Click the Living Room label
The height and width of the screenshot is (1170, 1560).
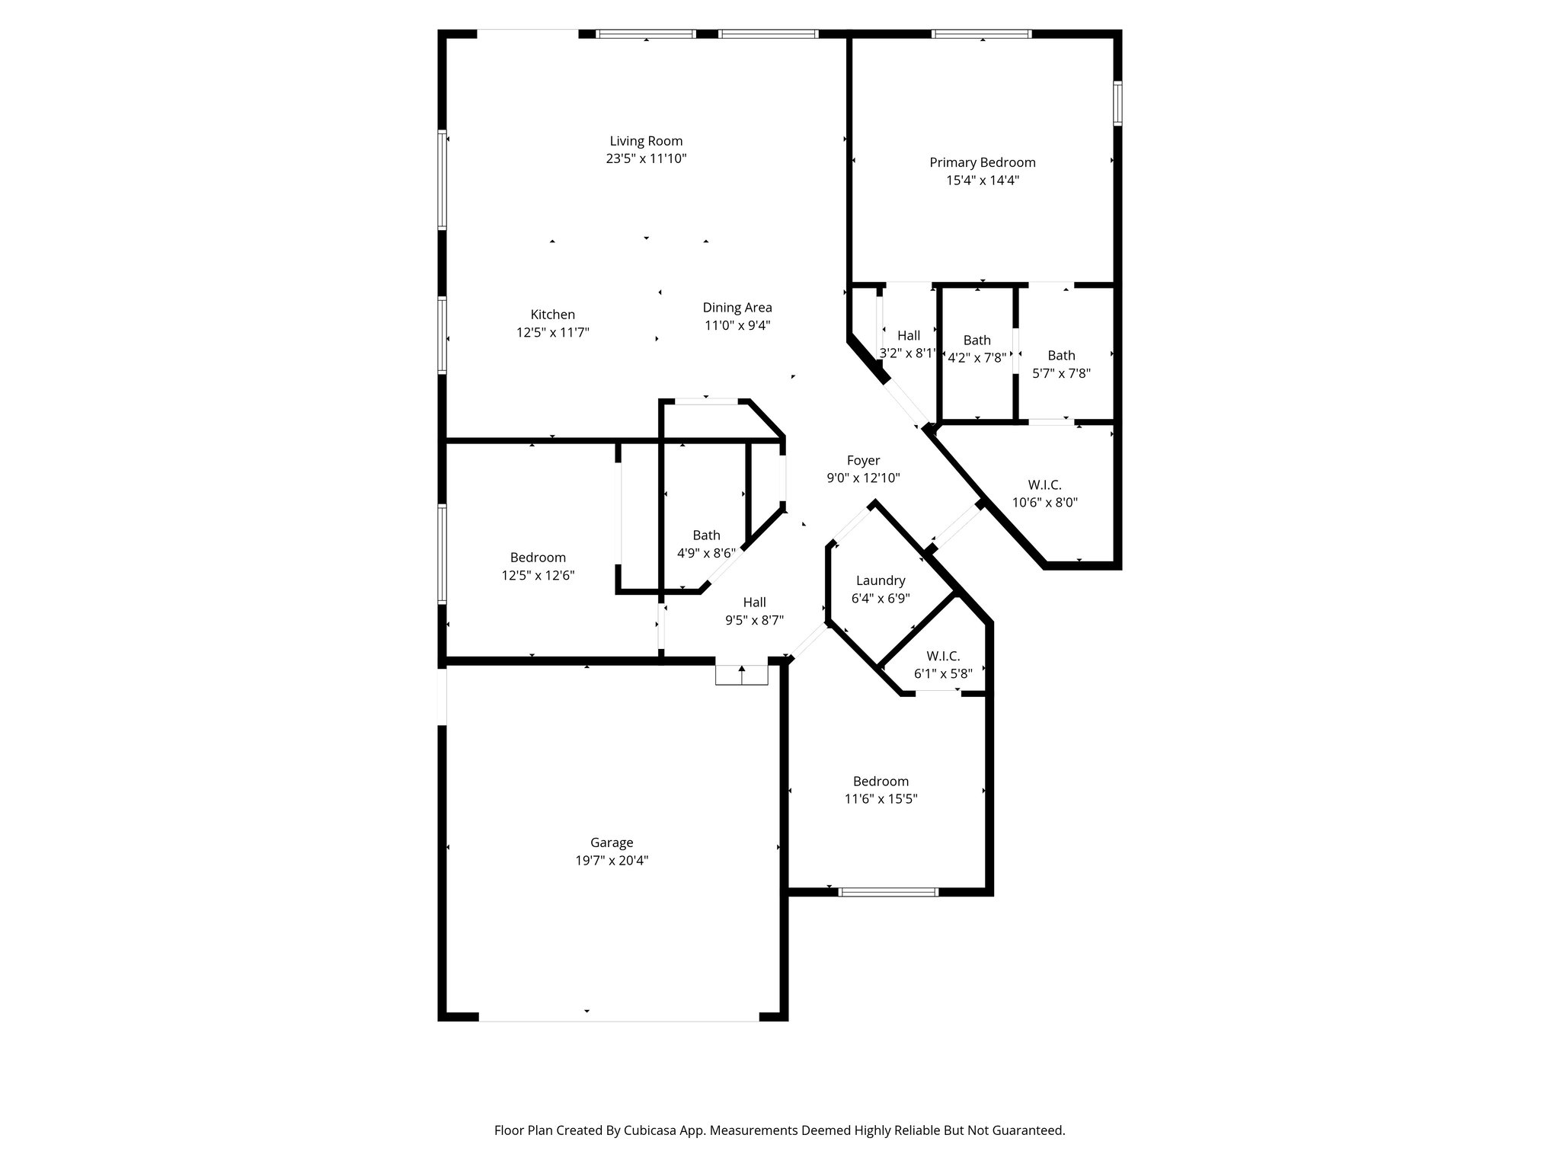(646, 141)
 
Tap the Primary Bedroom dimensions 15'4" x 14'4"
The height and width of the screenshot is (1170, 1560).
(982, 181)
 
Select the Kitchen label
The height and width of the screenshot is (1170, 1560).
(552, 315)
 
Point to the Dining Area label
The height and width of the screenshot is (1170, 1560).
(737, 308)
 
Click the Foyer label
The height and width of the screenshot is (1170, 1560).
(863, 460)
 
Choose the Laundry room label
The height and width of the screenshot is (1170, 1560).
(880, 580)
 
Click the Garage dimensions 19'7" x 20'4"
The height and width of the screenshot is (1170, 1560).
(612, 861)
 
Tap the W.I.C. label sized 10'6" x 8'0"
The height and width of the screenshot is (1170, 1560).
(1044, 484)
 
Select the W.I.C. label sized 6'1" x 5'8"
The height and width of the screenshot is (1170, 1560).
(943, 656)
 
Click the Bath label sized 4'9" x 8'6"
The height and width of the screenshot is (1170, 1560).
(706, 535)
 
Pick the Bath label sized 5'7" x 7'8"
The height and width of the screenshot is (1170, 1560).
(1061, 356)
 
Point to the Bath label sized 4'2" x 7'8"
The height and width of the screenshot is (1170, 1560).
(977, 340)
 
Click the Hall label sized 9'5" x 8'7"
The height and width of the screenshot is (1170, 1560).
(754, 603)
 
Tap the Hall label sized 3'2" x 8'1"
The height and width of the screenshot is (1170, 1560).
(908, 335)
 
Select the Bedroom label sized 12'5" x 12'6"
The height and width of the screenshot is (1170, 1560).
(538, 558)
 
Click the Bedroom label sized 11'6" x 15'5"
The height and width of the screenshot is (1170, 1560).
(881, 782)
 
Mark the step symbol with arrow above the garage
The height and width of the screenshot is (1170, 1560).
(741, 675)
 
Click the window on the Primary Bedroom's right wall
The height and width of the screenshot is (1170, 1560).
(1117, 103)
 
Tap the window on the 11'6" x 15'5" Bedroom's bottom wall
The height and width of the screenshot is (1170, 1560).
(887, 891)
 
